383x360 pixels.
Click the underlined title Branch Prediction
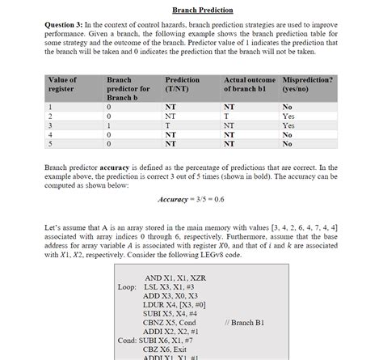[191, 10]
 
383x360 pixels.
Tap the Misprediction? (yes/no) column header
[305, 85]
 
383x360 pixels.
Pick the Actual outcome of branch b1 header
[250, 85]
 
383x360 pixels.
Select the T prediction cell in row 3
[167, 125]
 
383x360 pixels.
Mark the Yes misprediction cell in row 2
[288, 116]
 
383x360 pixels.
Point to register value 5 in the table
[51, 144]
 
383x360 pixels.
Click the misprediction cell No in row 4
[288, 135]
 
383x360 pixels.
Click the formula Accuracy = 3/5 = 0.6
[191, 199]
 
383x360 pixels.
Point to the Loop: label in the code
[128, 286]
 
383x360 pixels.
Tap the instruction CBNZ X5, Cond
[169, 322]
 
